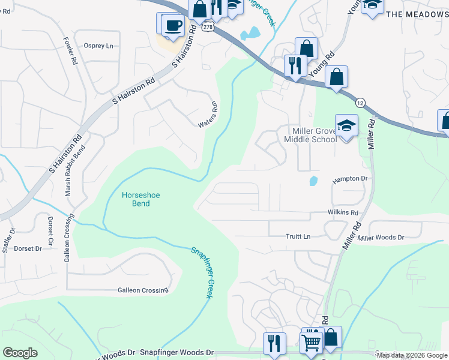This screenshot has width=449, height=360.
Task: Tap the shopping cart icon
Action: click(312, 342)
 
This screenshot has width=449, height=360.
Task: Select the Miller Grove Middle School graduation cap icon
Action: click(346, 125)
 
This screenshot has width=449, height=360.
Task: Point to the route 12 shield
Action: click(360, 103)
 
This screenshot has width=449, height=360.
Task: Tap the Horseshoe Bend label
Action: click(136, 199)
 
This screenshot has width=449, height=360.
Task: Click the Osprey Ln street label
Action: click(99, 46)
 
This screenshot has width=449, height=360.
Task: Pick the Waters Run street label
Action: click(208, 115)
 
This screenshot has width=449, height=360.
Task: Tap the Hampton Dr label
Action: click(350, 179)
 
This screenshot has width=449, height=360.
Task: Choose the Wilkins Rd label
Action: click(343, 212)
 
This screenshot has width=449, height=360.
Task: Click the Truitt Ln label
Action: click(298, 236)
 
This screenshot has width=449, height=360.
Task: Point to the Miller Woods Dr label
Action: click(381, 238)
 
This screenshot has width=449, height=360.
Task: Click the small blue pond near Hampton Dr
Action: click(313, 180)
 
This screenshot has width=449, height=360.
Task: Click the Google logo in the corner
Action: click(20, 353)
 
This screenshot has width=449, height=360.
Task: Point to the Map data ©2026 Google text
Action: click(412, 355)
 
